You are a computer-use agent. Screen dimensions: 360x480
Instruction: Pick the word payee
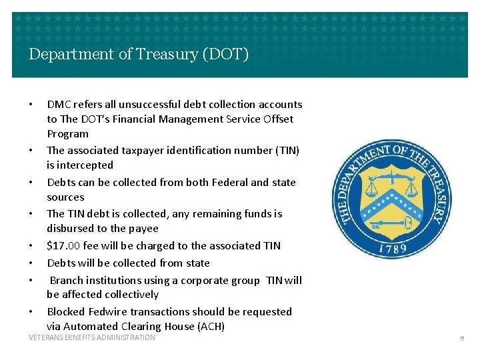click(x=144, y=228)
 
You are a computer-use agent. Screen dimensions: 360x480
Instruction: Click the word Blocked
click(x=65, y=311)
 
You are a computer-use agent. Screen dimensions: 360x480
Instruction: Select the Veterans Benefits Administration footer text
click(x=92, y=338)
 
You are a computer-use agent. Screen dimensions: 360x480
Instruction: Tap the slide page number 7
click(x=461, y=339)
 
